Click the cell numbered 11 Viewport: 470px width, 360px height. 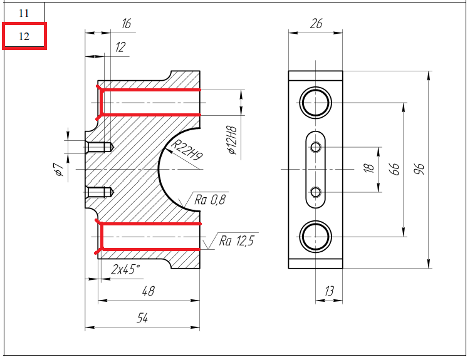point(24,13)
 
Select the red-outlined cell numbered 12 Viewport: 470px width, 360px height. point(24,36)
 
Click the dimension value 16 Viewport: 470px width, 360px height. point(126,24)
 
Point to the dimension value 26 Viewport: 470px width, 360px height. point(316,24)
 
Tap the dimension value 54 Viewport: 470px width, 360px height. point(142,318)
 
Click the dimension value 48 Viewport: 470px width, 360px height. point(149,291)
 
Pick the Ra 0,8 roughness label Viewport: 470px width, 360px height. point(211,200)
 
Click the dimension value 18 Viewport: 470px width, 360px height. point(369,168)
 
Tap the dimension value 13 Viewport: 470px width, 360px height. point(329,291)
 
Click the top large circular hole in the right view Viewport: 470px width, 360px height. point(315,102)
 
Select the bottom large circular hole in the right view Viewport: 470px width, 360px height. point(315,236)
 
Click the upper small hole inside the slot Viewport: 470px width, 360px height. point(315,147)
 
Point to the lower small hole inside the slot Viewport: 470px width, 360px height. point(315,191)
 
